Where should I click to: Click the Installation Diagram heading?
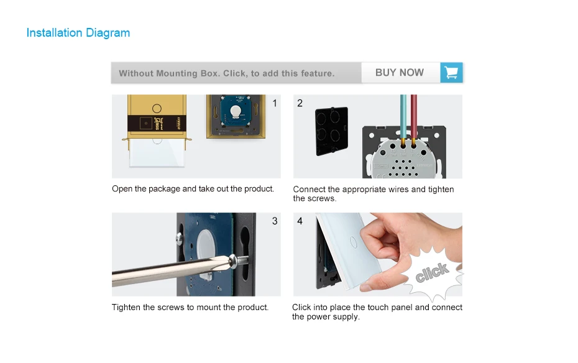point(78,33)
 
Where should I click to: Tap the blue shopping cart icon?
point(451,72)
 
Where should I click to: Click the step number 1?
point(275,103)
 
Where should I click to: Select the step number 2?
point(300,103)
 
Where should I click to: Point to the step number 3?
point(275,221)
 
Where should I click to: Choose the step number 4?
point(300,221)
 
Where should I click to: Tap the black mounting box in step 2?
point(332,131)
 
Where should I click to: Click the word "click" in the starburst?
point(432,272)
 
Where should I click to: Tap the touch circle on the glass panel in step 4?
point(353,242)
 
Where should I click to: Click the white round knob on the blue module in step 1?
point(235,111)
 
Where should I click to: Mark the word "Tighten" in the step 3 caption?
point(126,307)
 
